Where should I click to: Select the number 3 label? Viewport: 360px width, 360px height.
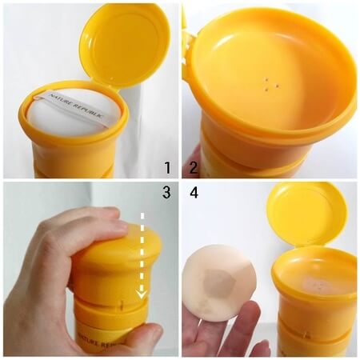(x=166, y=193)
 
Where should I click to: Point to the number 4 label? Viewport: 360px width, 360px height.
(x=193, y=193)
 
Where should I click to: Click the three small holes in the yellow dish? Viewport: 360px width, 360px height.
(x=270, y=81)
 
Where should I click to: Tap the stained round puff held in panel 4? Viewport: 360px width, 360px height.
(x=219, y=285)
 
